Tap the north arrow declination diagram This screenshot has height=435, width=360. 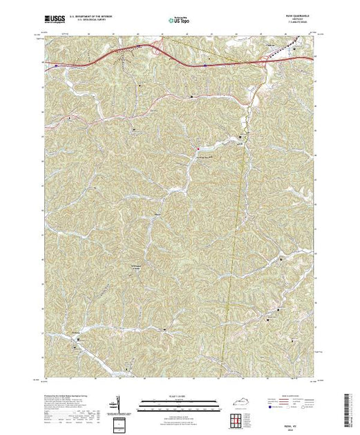119,405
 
